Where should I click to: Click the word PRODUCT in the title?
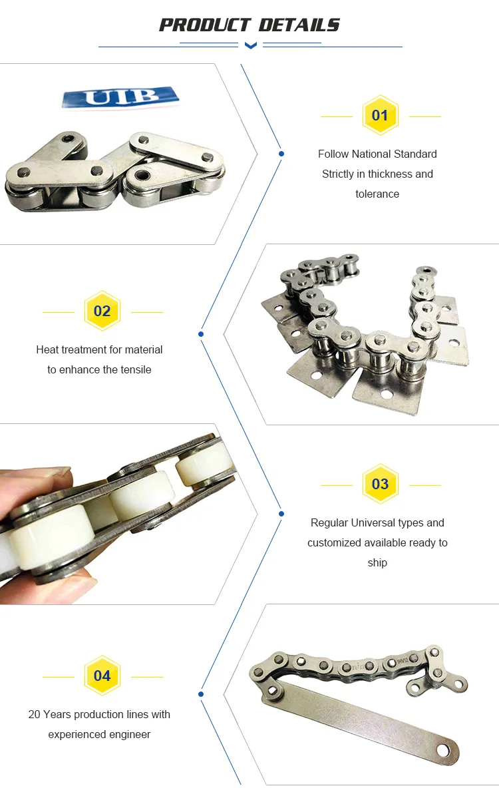click(x=205, y=25)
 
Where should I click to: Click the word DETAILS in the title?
click(x=299, y=25)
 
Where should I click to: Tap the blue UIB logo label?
click(x=120, y=97)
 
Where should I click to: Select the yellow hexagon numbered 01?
click(x=381, y=115)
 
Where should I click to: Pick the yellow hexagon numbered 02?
click(x=102, y=311)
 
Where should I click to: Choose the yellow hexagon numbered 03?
click(x=381, y=484)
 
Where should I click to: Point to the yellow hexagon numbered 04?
click(x=102, y=676)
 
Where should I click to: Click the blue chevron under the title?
click(x=250, y=45)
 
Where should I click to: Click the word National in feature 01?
click(x=372, y=154)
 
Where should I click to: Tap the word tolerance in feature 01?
click(x=377, y=194)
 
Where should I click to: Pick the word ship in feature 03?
click(x=377, y=562)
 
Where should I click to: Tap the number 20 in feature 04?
click(x=34, y=714)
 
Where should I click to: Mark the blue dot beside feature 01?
click(x=281, y=154)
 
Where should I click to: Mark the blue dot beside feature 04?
click(x=201, y=694)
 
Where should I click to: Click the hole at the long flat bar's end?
click(x=442, y=750)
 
